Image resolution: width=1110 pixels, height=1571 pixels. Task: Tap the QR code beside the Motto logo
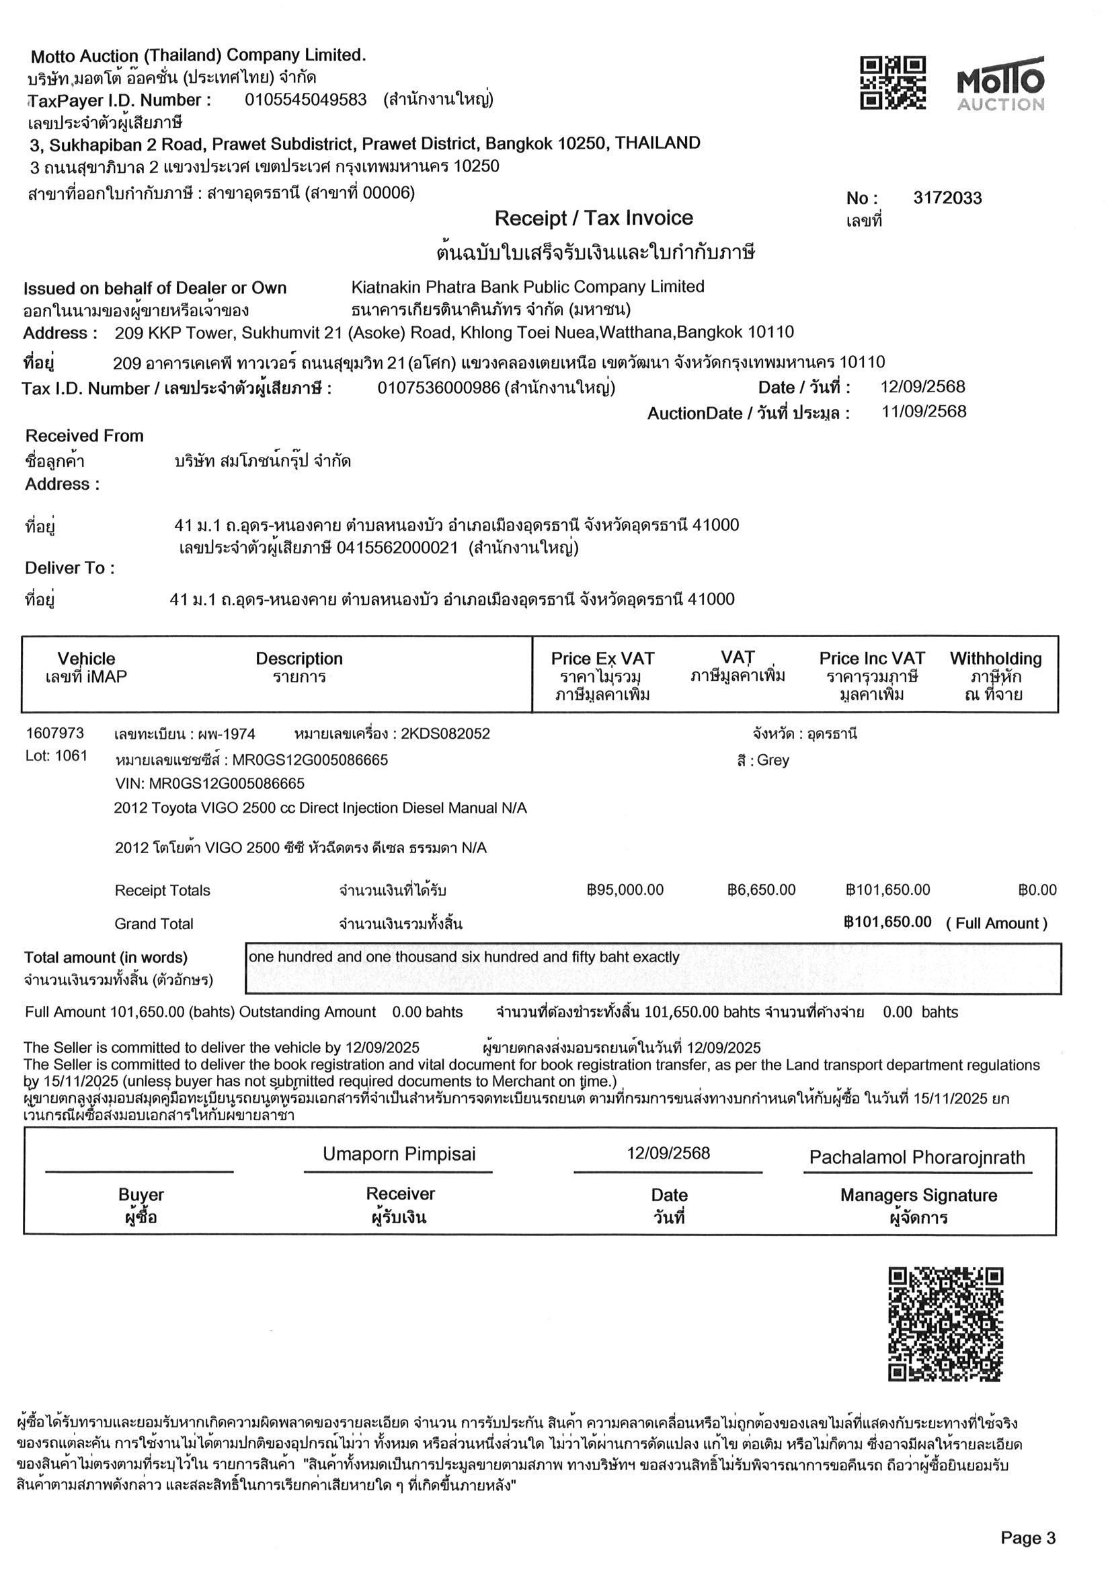893,83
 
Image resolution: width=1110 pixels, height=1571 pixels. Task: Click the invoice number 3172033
947,198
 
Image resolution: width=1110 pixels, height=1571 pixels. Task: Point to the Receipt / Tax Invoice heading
593,218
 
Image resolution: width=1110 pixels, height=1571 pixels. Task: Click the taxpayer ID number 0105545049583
306,100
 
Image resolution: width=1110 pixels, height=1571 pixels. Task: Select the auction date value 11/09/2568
923,412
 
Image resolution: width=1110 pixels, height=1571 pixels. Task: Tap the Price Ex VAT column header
602,659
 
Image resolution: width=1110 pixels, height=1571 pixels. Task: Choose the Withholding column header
995,659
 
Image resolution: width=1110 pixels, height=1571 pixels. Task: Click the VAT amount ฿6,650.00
761,890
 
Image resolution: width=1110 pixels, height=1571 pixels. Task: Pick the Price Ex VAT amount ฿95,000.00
625,890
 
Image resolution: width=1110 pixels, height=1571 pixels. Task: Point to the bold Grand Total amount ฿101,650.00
887,922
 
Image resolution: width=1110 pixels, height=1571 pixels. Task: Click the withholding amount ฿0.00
1037,890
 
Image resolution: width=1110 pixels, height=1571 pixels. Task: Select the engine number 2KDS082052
445,734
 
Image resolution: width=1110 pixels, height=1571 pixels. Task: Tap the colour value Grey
772,760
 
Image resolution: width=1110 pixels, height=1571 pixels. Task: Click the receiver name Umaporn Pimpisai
399,1155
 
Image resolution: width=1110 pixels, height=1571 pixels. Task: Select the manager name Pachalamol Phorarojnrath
917,1158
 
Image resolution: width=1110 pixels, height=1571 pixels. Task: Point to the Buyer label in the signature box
141,1195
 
